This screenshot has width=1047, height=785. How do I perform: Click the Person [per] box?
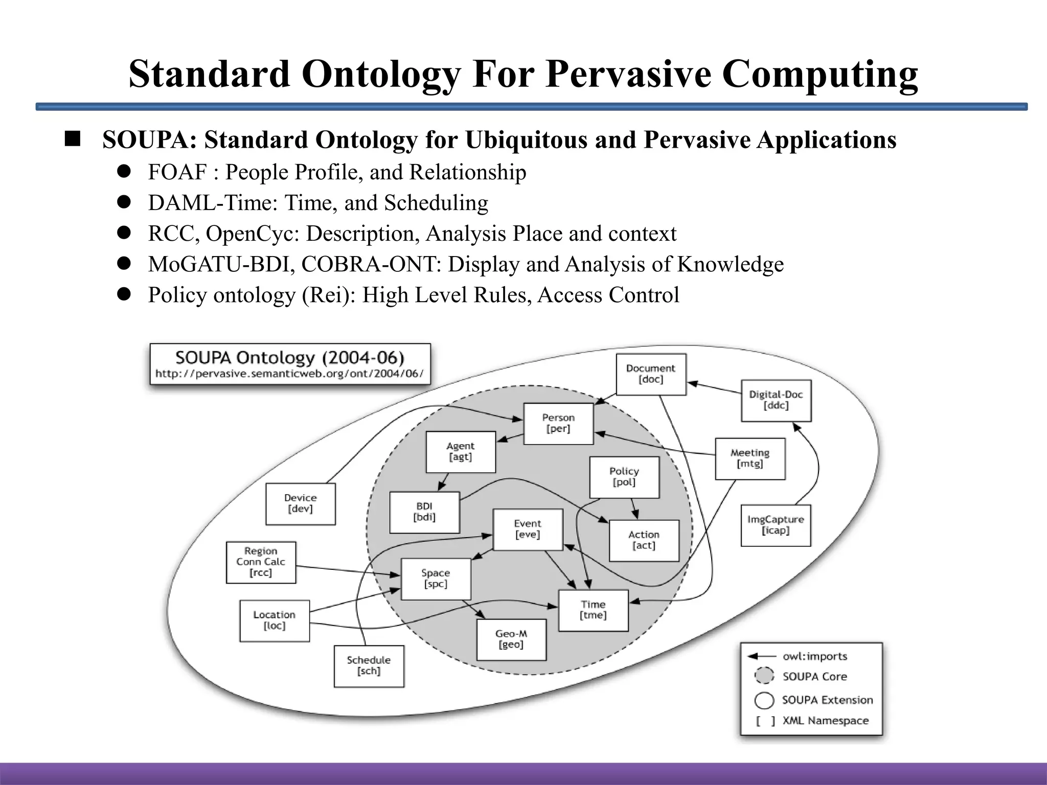(558, 423)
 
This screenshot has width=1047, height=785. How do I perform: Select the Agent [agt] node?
(461, 452)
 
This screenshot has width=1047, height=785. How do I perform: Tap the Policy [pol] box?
(624, 477)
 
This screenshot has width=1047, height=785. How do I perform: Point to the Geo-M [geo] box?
(511, 639)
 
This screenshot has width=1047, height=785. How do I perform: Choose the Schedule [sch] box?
(369, 666)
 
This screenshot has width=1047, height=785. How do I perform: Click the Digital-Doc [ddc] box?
(776, 400)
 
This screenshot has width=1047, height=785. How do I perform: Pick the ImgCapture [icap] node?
(776, 525)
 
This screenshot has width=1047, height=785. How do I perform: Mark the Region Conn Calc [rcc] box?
(261, 562)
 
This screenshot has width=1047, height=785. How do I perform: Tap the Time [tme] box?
(593, 610)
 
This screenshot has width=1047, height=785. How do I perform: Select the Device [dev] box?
(301, 503)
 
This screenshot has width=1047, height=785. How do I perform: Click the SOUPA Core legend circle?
(764, 676)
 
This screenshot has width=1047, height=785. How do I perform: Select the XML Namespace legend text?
(825, 721)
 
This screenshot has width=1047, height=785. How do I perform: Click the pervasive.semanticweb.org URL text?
(289, 374)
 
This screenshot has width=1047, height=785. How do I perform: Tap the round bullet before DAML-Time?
(124, 202)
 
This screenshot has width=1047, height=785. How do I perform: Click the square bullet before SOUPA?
(73, 140)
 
